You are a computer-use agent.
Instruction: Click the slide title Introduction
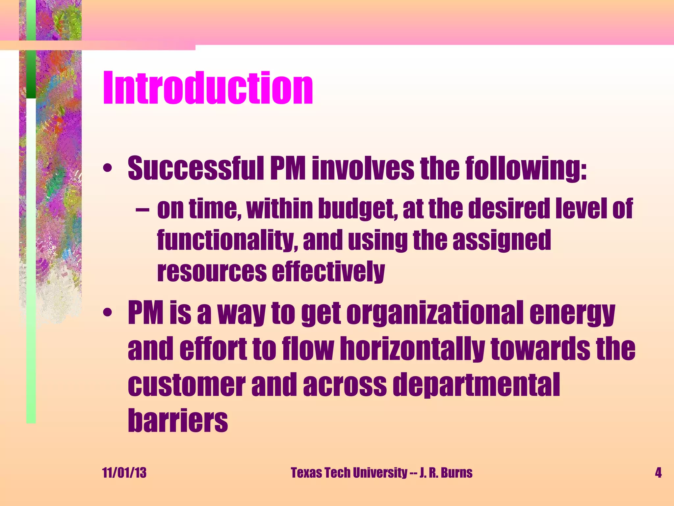[x=208, y=88]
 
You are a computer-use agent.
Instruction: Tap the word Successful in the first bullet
[x=195, y=169]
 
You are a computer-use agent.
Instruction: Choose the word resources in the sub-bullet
[x=212, y=272]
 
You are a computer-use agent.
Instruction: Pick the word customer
[x=186, y=385]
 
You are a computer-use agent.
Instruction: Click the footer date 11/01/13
[x=124, y=473]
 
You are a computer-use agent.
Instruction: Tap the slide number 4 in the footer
[x=658, y=473]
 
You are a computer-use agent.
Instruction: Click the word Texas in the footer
[x=306, y=473]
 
